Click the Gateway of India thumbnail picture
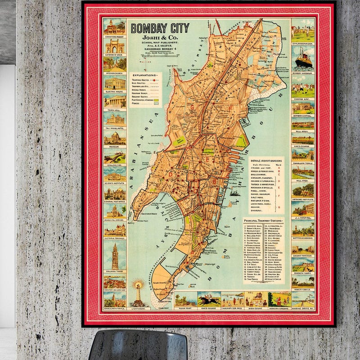tap(115, 45)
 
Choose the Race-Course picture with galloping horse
tap(209, 299)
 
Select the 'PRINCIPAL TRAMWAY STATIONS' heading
tap(264, 220)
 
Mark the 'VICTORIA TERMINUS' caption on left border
tap(115, 238)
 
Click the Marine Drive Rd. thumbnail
tap(303, 299)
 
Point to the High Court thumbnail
tap(256, 299)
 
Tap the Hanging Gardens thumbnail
tap(280, 299)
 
